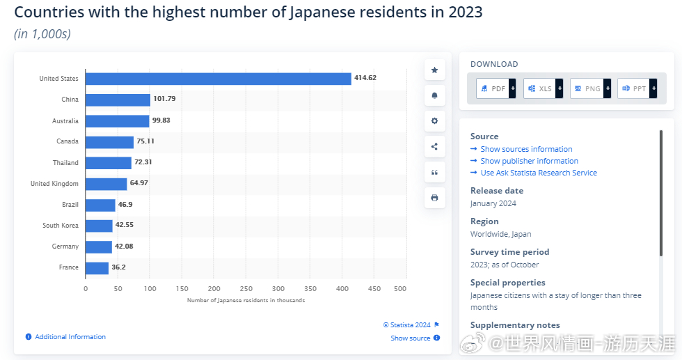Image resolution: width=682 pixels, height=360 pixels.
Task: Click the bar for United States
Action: click(218, 79)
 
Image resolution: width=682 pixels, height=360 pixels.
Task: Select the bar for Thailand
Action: click(109, 163)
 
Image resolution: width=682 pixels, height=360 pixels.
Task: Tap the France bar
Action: click(97, 267)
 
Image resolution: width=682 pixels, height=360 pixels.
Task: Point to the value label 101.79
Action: click(164, 99)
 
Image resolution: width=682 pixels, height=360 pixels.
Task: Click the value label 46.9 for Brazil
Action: click(125, 205)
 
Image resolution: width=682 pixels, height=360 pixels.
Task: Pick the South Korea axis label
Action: click(60, 226)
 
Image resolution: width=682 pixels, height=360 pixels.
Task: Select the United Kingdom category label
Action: click(54, 184)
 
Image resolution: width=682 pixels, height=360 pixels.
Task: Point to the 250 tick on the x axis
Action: click(246, 288)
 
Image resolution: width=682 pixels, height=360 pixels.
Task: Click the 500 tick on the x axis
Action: click(400, 288)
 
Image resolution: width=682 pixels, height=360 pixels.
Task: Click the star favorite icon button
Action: click(434, 70)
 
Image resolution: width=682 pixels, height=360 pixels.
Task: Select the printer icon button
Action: click(434, 198)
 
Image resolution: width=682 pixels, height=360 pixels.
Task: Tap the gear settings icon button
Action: click(434, 120)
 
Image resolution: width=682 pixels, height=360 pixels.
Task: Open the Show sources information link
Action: click(526, 149)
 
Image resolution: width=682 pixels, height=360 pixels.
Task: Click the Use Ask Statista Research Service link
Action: click(539, 173)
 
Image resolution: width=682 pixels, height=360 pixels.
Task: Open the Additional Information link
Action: click(70, 337)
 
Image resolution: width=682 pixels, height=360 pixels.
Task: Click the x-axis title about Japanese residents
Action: click(246, 301)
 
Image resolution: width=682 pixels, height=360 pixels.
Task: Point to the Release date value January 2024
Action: click(493, 203)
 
